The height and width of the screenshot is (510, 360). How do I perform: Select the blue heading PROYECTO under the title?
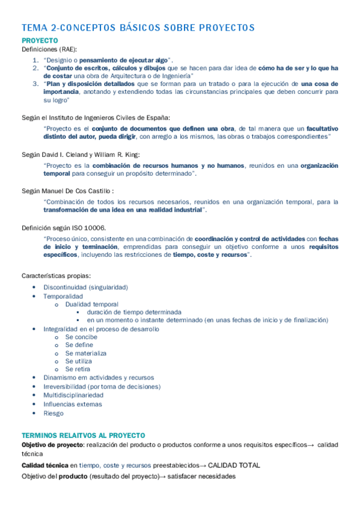(x=40, y=40)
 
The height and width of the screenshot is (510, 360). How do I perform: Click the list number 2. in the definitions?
(x=35, y=68)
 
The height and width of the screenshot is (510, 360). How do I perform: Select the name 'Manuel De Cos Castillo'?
(x=81, y=190)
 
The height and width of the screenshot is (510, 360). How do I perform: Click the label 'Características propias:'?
(x=56, y=275)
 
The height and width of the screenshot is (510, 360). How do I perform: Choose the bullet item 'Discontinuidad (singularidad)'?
(x=85, y=287)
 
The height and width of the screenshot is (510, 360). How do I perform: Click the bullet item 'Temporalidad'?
(x=63, y=296)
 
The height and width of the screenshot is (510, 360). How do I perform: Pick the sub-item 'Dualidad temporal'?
(x=92, y=304)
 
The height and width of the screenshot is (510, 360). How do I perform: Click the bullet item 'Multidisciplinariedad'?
(x=73, y=395)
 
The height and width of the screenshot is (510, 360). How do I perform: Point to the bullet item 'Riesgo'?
(x=53, y=413)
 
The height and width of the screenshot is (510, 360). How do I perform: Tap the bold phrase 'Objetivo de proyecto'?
(x=52, y=444)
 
